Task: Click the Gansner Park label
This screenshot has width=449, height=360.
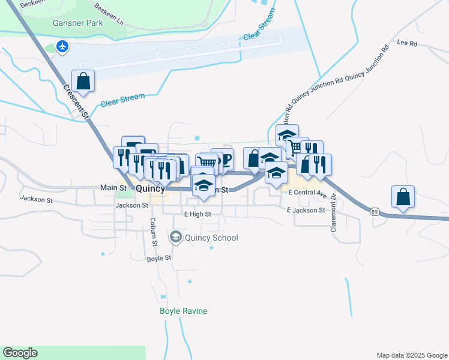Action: pos(77,23)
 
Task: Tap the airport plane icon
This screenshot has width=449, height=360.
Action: pos(62,46)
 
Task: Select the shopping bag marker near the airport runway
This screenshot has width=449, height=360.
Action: pos(83,81)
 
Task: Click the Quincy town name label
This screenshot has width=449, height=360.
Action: pos(150,188)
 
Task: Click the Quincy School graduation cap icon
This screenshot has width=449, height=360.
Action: pos(176,238)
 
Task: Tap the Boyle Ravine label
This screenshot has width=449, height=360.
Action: pos(183,311)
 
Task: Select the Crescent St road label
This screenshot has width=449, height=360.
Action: pos(76,101)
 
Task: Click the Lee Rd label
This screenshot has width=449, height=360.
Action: pos(407,43)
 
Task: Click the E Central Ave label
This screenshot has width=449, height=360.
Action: pos(307,193)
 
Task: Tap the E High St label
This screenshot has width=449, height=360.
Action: pos(197,214)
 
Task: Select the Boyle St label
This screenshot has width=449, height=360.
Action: pos(159,258)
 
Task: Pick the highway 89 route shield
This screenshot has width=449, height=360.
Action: pos(374,212)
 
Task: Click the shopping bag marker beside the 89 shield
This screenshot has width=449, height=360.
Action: pos(403,196)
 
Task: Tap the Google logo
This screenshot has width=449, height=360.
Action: pos(20,353)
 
